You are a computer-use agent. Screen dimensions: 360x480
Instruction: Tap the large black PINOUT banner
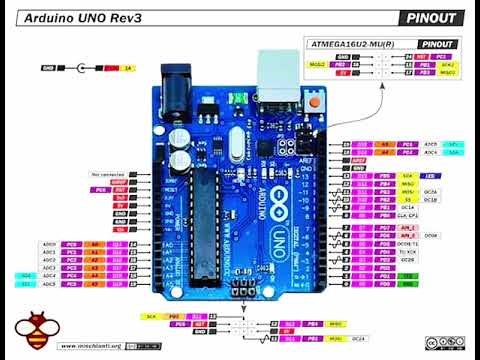(432, 18)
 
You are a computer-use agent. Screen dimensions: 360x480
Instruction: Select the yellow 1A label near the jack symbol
(127, 68)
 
